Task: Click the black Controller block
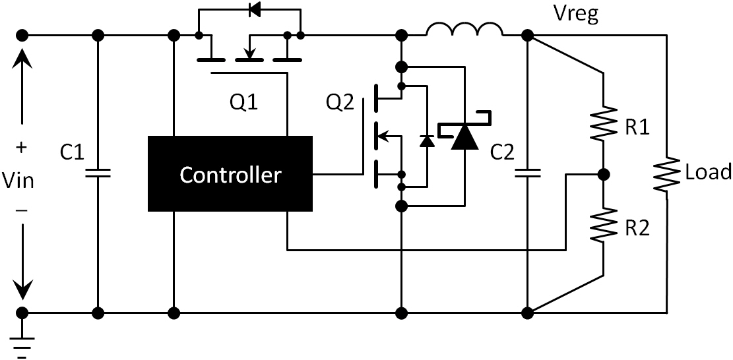230,175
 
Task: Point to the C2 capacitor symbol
527,173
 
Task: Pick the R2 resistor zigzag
604,224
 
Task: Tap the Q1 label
244,102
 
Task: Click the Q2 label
340,102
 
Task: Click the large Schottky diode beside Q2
464,136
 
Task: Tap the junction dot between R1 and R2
602,175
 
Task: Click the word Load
709,173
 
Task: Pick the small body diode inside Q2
427,140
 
